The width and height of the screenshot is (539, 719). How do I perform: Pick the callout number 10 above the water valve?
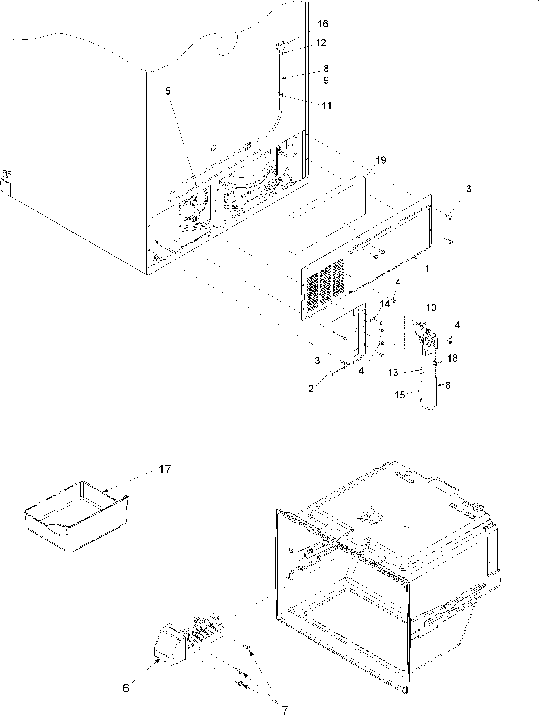[431, 307]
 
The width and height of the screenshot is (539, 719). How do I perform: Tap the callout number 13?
[393, 373]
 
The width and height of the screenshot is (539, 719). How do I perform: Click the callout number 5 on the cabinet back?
[168, 91]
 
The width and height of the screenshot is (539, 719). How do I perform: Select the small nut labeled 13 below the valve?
[421, 370]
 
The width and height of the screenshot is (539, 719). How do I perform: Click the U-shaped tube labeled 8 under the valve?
[429, 403]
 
